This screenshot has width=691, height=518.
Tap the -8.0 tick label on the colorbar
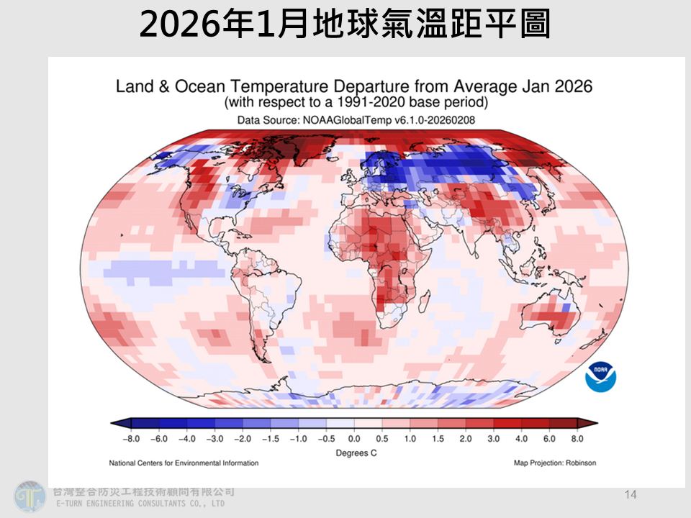click(131, 438)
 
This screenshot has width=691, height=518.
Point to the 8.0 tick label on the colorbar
click(577, 438)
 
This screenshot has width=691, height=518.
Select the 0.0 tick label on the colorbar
click(353, 438)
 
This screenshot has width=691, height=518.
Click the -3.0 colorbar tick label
click(214, 438)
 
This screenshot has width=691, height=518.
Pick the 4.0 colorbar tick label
click(521, 438)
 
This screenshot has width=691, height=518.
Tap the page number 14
click(631, 494)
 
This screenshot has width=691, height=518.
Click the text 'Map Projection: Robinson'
click(555, 463)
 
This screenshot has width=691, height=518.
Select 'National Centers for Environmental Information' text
click(184, 463)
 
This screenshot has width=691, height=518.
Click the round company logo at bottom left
click(30, 496)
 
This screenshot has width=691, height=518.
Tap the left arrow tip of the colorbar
click(114, 423)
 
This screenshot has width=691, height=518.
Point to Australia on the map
click(551, 317)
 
